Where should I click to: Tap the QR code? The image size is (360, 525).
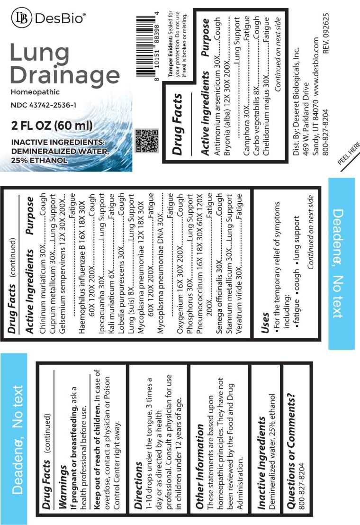point(147,141)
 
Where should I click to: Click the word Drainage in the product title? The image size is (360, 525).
point(64,75)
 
